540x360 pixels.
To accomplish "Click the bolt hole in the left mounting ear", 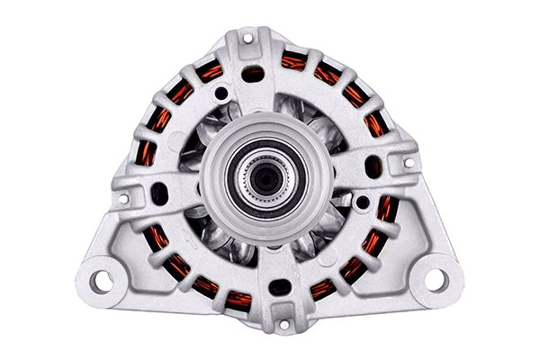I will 103,280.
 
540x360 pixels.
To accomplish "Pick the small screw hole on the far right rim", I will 409,163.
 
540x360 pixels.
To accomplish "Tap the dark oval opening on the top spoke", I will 255,74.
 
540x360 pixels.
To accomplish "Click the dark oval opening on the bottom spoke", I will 280,287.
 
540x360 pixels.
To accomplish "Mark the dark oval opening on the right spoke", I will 373,166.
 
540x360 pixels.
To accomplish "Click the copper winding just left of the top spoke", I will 211,71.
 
